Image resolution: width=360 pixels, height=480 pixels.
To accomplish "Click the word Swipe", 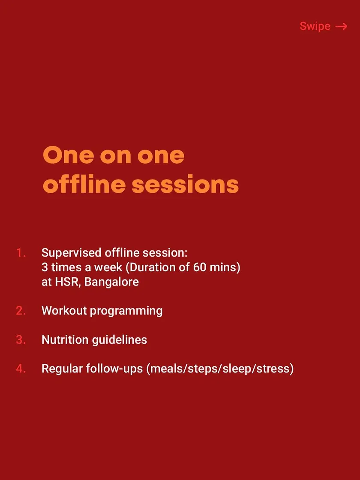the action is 315,26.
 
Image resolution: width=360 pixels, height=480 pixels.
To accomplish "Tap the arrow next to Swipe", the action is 341,27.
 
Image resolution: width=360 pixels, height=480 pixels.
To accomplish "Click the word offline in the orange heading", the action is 84,185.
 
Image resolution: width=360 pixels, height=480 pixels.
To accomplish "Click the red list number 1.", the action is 21,253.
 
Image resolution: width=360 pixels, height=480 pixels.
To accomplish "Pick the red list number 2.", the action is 21,311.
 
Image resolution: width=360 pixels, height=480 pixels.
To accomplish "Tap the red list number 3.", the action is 21,340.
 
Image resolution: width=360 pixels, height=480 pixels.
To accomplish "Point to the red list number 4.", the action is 21,369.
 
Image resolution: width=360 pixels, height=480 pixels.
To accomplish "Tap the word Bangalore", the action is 111,282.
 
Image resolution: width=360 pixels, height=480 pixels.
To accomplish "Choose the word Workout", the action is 64,311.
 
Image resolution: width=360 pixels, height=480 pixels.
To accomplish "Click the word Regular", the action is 62,369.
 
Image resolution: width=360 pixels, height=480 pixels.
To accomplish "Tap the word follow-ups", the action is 114,369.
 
